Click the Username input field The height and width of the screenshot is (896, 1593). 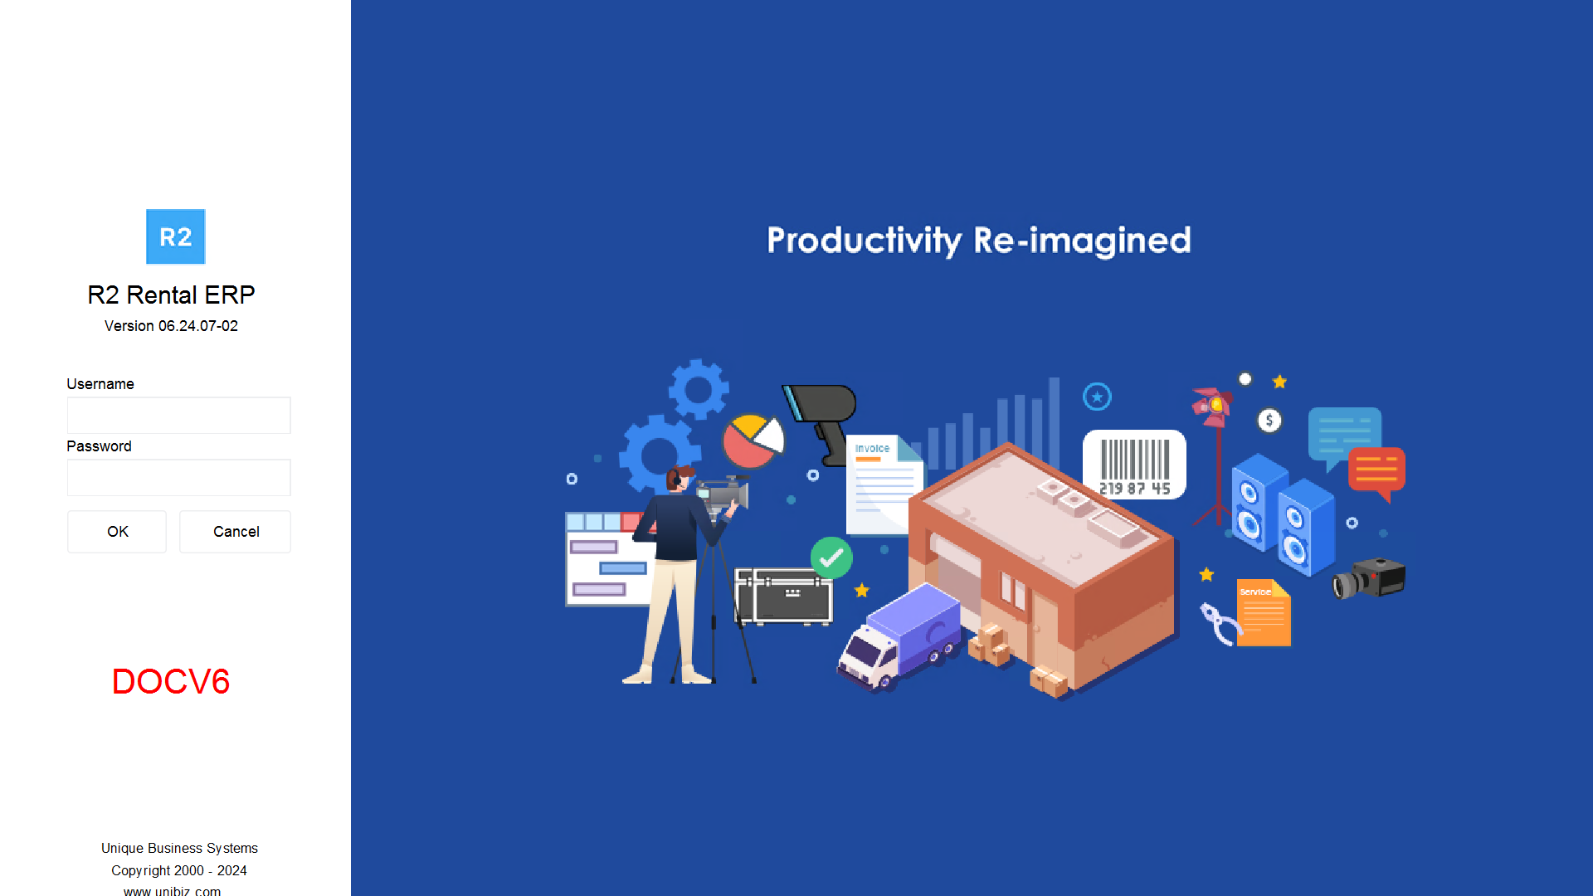178,415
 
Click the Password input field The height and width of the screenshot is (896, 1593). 178,477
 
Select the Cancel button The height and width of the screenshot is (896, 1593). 236,532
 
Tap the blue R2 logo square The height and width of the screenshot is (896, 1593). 176,236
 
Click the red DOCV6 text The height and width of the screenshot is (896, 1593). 171,681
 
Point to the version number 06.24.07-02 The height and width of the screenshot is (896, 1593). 198,326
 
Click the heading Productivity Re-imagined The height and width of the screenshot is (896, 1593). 979,241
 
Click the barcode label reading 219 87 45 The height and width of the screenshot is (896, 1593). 1134,465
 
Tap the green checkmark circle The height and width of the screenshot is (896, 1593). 831,558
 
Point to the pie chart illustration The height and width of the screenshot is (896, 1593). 753,441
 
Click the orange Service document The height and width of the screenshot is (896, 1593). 1264,613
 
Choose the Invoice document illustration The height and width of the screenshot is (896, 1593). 884,485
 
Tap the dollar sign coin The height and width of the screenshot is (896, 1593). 1269,421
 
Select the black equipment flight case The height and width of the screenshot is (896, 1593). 784,596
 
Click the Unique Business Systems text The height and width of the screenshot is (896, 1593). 179,848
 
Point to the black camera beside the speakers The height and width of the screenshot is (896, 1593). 1370,578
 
